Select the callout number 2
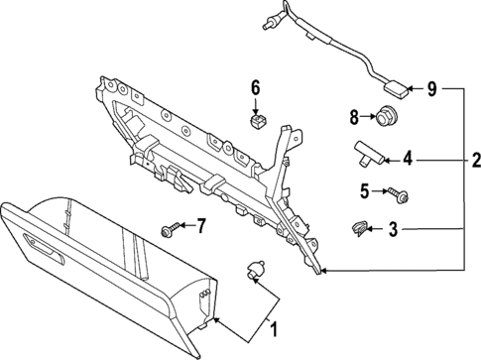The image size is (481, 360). coord(475,159)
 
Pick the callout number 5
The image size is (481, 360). coord(363,190)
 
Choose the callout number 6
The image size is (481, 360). coord(255,88)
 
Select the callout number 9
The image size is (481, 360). coord(431,90)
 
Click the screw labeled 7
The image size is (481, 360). coord(167,230)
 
